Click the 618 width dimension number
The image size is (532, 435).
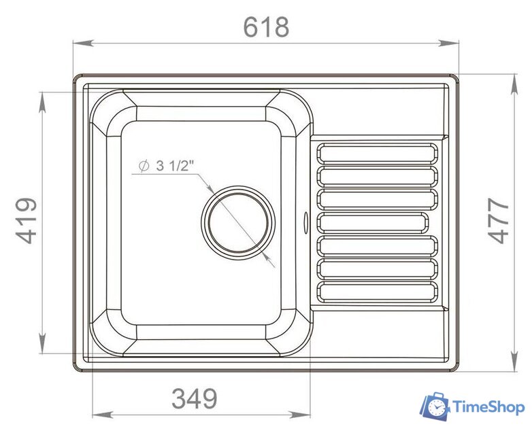(266, 27)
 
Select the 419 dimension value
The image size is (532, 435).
(27, 221)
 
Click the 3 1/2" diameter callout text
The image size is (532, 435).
(175, 166)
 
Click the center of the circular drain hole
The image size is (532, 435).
(239, 222)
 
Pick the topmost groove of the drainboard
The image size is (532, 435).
(378, 154)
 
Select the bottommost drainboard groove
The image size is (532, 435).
(378, 292)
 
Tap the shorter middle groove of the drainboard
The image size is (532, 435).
(373, 223)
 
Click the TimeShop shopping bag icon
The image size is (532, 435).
(434, 406)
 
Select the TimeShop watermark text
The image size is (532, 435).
(488, 407)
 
